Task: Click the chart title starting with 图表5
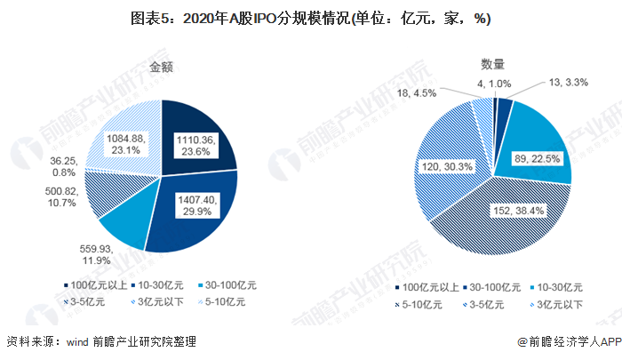[311, 17]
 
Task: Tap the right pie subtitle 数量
[493, 64]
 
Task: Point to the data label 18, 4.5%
[417, 92]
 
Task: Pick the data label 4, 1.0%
[494, 84]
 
